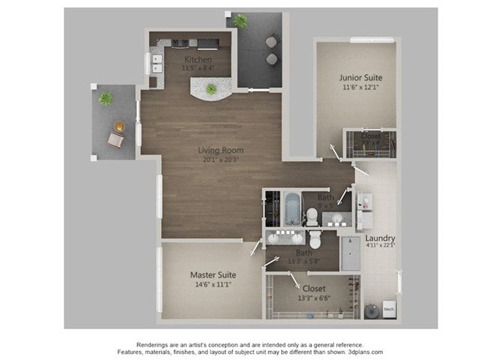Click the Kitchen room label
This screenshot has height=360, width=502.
click(x=199, y=59)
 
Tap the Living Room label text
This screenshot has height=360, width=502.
click(x=221, y=150)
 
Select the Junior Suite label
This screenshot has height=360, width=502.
click(x=360, y=77)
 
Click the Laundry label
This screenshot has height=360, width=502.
click(x=381, y=238)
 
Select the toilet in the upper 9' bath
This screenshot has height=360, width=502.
click(x=312, y=217)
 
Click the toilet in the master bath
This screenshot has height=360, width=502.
click(x=315, y=240)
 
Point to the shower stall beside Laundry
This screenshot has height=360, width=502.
click(x=351, y=253)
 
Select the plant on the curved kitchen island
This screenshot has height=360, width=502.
click(x=211, y=89)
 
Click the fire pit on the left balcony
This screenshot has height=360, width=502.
click(x=118, y=126)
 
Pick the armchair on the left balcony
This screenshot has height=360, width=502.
click(x=115, y=139)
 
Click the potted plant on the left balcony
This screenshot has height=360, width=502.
click(x=106, y=98)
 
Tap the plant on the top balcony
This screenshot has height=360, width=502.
click(x=240, y=21)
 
